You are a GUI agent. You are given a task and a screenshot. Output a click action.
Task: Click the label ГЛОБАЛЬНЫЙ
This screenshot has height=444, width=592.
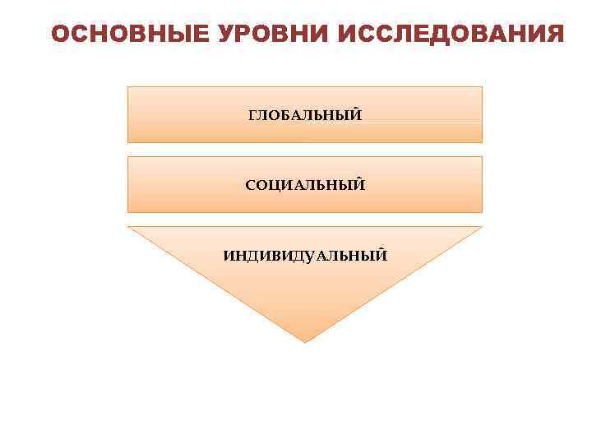pyautogui.click(x=305, y=115)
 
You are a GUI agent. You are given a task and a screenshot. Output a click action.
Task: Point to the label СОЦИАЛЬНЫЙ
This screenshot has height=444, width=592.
pyautogui.click(x=305, y=185)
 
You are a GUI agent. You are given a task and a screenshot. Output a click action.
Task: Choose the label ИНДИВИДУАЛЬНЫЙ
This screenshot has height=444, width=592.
pyautogui.click(x=305, y=256)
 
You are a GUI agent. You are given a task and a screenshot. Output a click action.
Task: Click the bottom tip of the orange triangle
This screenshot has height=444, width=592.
pyautogui.click(x=305, y=342)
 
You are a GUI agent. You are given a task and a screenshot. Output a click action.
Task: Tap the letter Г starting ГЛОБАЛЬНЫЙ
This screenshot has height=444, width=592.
pyautogui.click(x=252, y=115)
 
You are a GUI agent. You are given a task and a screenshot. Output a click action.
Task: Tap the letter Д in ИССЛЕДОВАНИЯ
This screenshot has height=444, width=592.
pyautogui.click(x=432, y=35)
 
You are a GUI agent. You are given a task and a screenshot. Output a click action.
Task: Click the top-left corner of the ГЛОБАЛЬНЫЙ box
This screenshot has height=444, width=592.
pyautogui.click(x=127, y=86)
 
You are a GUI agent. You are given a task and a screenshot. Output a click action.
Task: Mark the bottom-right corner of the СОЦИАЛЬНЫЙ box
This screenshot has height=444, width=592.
pyautogui.click(x=482, y=213)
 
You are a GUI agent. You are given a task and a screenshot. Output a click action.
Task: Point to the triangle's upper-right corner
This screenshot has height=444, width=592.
pyautogui.click(x=482, y=227)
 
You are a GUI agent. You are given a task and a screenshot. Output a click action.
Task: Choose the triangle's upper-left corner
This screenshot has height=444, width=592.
pyautogui.click(x=128, y=227)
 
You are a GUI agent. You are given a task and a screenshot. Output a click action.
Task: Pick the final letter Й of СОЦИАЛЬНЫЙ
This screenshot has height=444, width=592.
pyautogui.click(x=359, y=185)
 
